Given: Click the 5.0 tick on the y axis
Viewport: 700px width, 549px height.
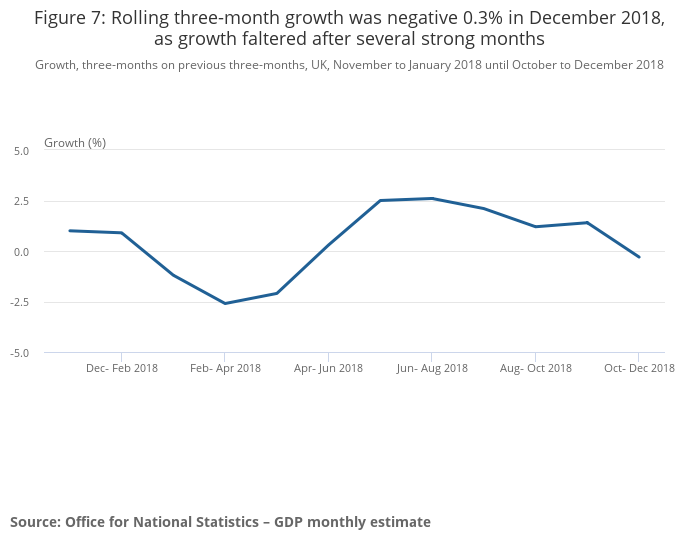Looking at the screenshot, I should pos(21,150).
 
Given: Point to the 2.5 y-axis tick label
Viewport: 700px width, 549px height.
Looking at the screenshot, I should pos(21,201).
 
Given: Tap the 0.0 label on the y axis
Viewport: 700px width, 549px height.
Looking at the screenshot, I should pos(21,252).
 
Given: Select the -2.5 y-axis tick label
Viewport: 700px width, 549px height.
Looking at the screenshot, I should pos(20,302).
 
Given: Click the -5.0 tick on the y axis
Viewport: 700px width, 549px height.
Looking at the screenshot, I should pos(20,353).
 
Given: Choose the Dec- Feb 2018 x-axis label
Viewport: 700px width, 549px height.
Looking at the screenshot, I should pos(121,368).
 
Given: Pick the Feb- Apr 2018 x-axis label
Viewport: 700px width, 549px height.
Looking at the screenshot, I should pos(225,368).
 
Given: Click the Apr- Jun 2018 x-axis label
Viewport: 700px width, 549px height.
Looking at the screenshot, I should pos(328,368).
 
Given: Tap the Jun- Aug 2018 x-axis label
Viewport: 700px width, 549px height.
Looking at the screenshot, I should pos(432,368).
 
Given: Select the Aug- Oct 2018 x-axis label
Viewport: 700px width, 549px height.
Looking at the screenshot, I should pos(535,368).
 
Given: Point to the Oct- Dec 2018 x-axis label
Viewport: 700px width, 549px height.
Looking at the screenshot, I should pos(639,368).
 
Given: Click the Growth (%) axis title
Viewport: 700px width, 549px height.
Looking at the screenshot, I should pos(75,143).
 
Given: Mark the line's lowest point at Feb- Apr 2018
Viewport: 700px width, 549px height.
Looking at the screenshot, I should pos(225,303).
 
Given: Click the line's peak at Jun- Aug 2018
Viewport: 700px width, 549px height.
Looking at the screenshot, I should pos(432,198).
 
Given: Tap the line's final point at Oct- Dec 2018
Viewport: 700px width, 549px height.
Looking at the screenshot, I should pos(639,257).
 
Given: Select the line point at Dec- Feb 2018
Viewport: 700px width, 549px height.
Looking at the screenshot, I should pos(121,233).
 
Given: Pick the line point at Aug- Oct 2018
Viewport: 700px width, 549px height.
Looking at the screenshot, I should pos(535,226).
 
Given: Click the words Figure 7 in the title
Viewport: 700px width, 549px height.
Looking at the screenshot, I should pos(71,17).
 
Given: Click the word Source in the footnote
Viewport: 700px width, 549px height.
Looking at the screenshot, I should pos(34,522).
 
